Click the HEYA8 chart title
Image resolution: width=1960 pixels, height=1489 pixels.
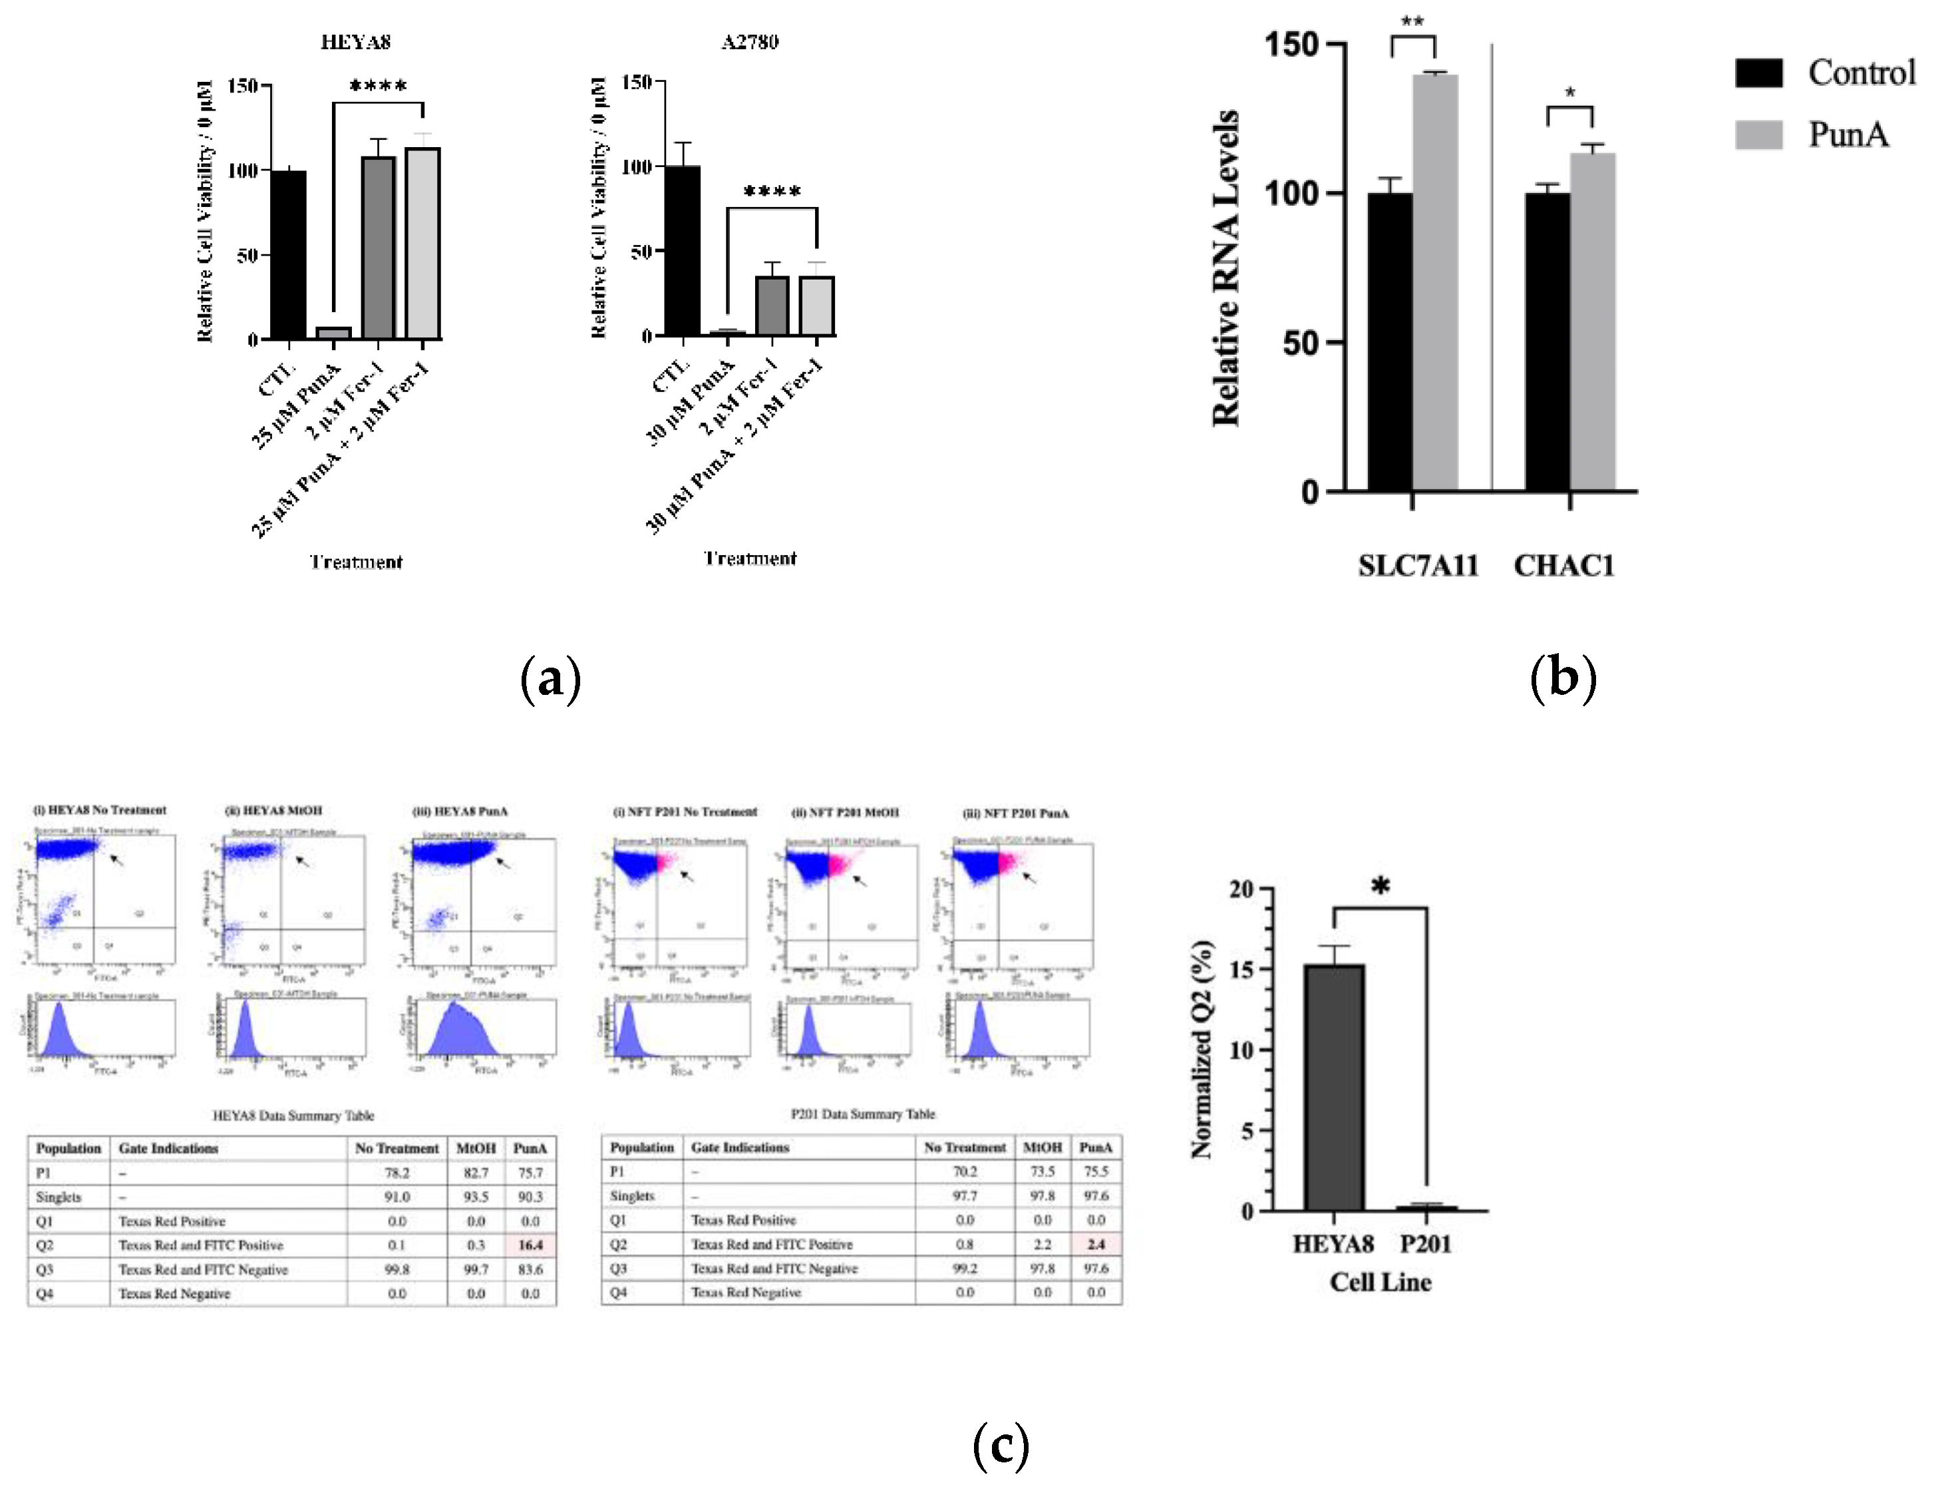point(355,42)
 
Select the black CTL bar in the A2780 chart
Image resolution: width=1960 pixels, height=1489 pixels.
point(683,252)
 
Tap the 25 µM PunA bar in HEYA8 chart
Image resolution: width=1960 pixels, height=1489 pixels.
point(334,333)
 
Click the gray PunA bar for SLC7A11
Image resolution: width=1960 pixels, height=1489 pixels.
point(1436,282)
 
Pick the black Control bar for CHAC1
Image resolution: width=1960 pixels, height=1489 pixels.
point(1547,341)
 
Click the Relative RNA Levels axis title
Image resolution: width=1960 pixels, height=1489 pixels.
point(1226,268)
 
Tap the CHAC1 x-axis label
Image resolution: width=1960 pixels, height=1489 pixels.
point(1564,566)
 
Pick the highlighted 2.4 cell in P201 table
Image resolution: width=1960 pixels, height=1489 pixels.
point(1096,1244)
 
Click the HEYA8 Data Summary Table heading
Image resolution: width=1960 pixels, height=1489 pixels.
point(293,1116)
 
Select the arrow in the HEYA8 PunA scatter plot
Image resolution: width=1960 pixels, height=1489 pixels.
point(502,863)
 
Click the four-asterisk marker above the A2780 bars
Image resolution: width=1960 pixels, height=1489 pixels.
point(772,192)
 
